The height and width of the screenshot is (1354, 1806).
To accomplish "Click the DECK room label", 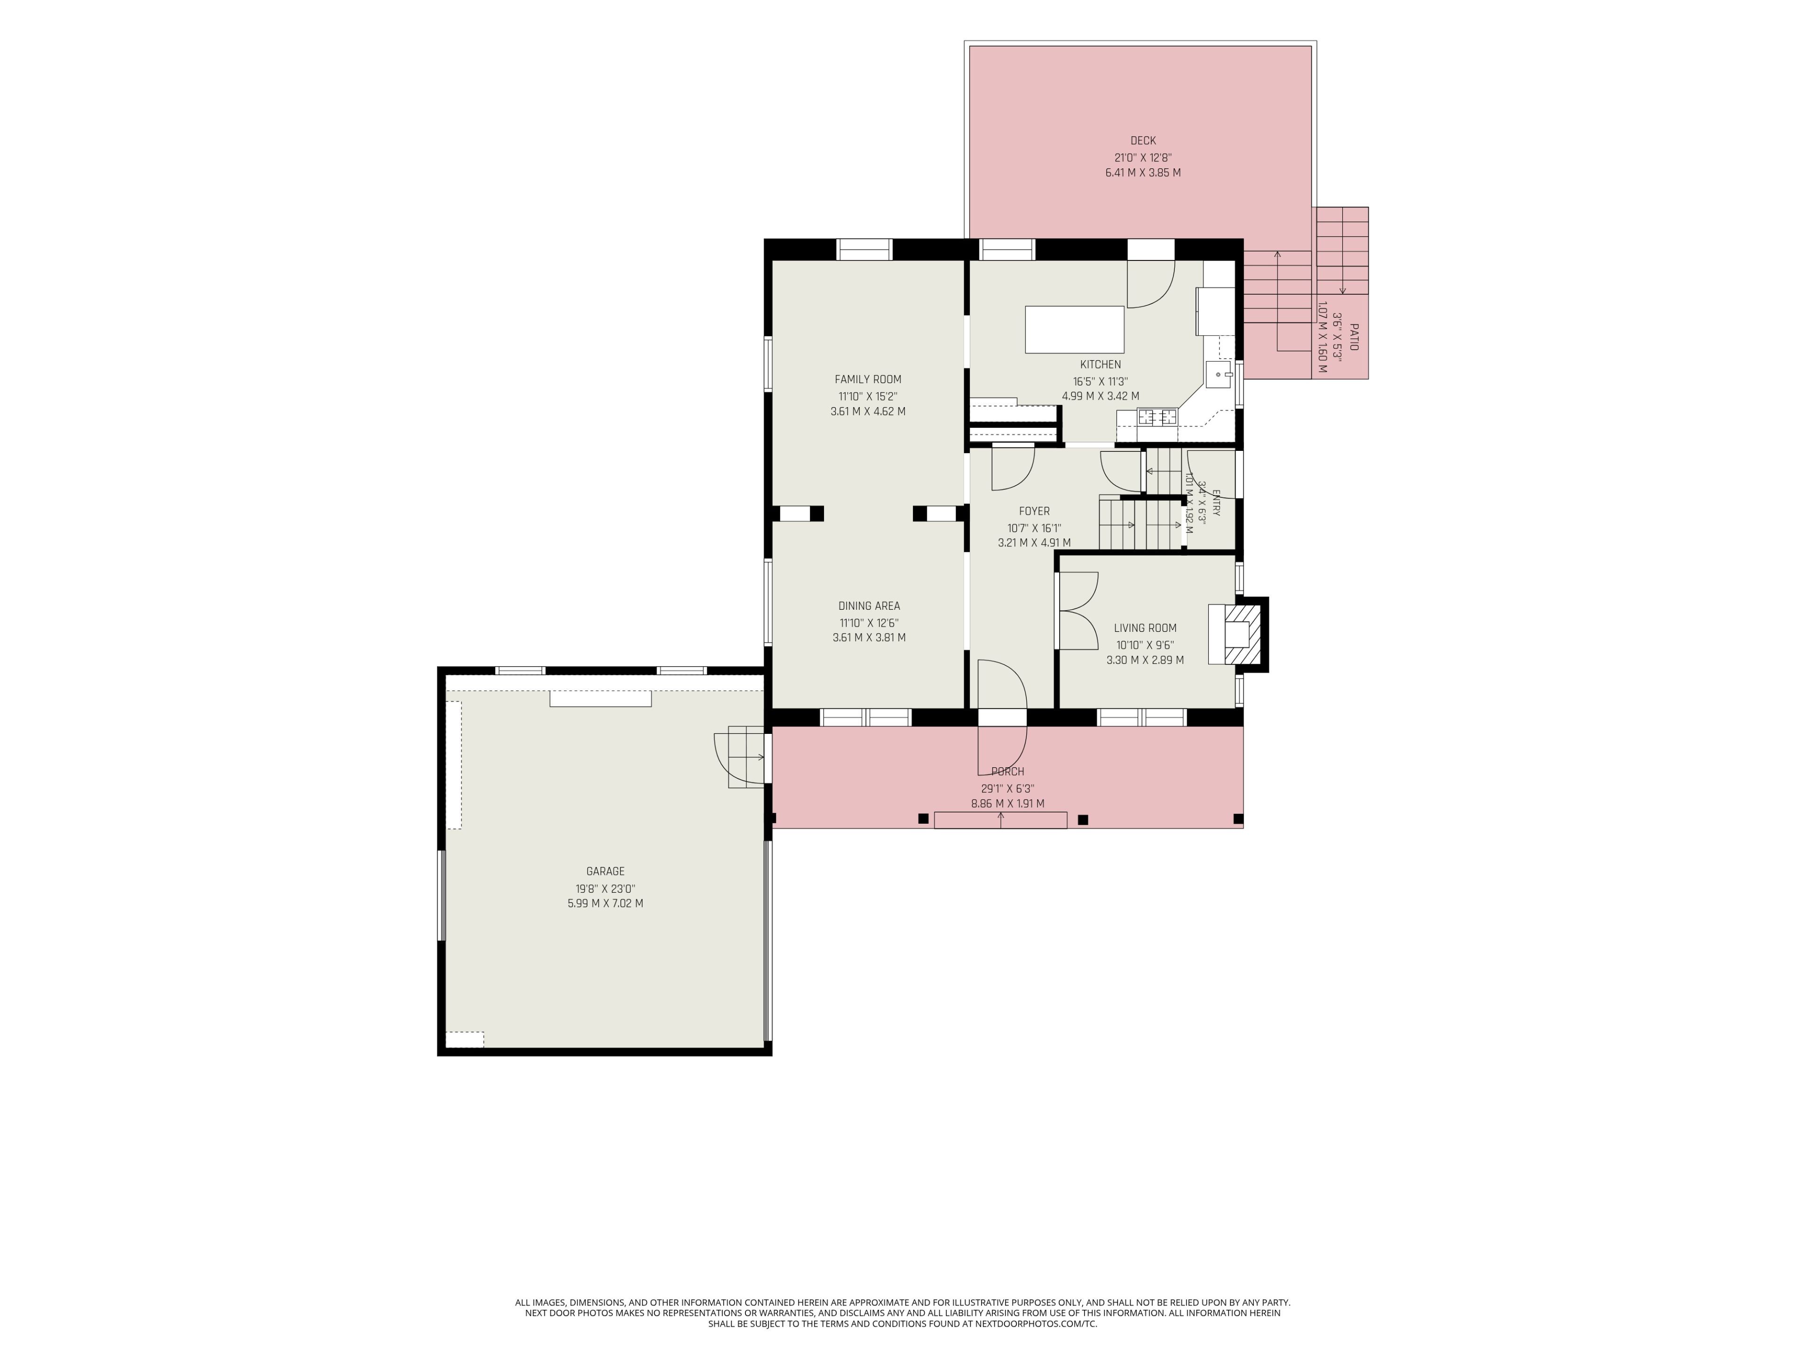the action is [1143, 141].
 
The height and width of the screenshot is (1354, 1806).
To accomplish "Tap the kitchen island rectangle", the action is [1075, 330].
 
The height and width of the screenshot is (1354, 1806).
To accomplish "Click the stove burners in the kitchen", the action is [1158, 417].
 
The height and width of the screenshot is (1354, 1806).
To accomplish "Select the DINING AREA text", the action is [869, 606].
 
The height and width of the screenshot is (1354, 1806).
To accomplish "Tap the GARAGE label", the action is [605, 871].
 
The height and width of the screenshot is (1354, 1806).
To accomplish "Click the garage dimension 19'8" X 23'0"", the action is [605, 889].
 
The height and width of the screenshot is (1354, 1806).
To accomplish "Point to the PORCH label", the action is [1007, 771].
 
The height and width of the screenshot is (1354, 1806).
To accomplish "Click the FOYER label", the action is [1034, 511].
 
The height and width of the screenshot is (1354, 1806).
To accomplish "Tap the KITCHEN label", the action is [1101, 364].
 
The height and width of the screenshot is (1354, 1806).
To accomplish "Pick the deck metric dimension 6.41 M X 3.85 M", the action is [1143, 173].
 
